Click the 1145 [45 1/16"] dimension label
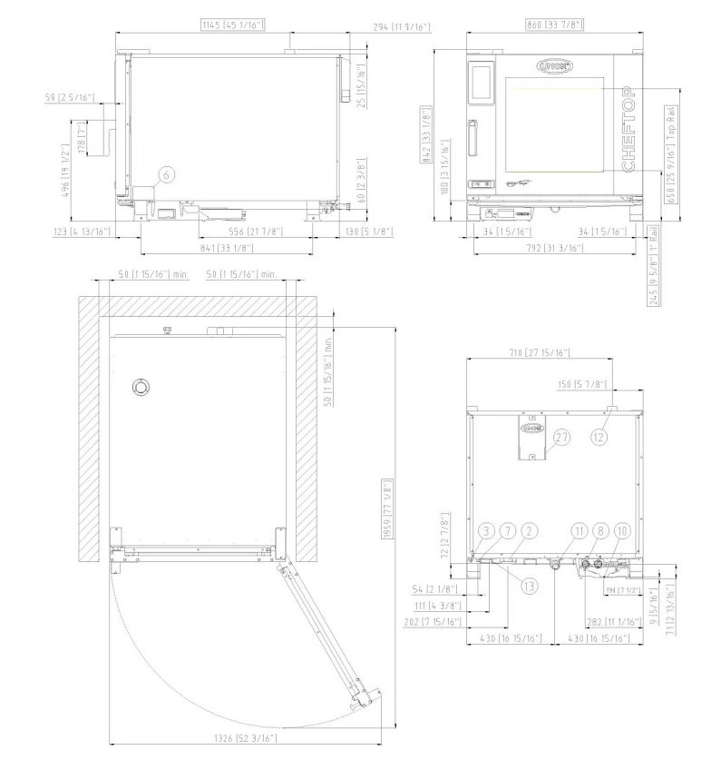tap(233, 25)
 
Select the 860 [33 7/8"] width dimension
tap(541, 25)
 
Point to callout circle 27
tap(562, 437)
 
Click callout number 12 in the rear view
tap(599, 437)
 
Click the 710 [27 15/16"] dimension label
tap(541, 352)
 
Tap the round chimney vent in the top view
tap(141, 386)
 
